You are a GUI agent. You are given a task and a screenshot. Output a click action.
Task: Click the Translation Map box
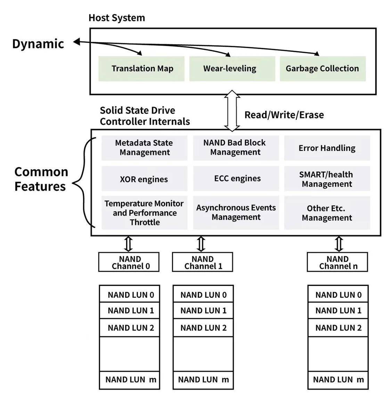tap(141, 69)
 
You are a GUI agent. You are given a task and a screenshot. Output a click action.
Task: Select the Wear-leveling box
tap(232, 69)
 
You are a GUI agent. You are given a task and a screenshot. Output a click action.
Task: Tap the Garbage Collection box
tap(323, 69)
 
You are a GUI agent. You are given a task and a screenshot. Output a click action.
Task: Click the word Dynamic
tap(38, 44)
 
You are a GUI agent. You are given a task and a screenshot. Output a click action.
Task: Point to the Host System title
tap(117, 18)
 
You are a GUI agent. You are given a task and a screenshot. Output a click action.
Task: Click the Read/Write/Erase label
tap(284, 115)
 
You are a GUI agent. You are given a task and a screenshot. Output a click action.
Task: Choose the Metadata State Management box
tap(145, 148)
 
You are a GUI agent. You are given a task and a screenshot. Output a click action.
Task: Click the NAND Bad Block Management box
tap(236, 148)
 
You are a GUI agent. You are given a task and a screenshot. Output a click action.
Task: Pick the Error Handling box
tap(327, 148)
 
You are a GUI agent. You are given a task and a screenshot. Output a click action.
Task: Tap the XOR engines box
tap(144, 179)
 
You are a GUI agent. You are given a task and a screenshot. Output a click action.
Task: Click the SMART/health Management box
tap(327, 179)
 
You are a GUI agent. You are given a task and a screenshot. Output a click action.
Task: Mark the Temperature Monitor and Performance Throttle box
tap(144, 213)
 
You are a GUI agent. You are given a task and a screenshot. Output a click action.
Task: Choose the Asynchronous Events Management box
tap(236, 213)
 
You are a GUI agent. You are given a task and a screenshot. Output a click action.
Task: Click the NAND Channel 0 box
tap(129, 262)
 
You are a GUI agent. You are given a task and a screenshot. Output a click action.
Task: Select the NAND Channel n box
tap(337, 262)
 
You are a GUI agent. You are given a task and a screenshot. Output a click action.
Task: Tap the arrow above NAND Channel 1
tap(201, 244)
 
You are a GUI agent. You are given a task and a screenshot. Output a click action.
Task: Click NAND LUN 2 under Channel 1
tap(203, 328)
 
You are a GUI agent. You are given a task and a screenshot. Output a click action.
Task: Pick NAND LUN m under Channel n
tap(338, 380)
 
